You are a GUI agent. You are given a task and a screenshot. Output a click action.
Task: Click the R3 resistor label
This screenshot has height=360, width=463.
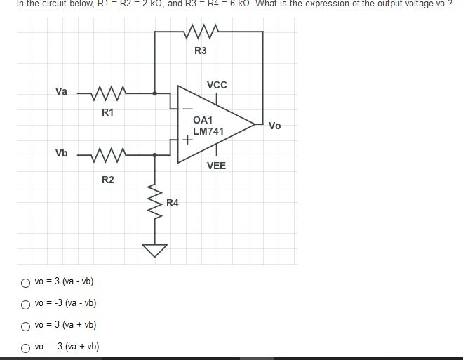click(x=201, y=51)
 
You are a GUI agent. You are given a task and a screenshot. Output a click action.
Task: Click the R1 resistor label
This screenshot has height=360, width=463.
click(x=108, y=112)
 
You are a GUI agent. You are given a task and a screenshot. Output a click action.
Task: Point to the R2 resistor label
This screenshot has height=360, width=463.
click(x=108, y=180)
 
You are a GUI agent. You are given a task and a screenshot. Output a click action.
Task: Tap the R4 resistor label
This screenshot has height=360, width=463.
click(x=173, y=203)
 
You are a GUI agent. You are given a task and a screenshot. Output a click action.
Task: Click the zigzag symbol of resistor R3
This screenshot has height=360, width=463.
click(x=201, y=31)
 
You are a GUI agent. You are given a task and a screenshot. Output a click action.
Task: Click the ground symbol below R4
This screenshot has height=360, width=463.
click(x=155, y=250)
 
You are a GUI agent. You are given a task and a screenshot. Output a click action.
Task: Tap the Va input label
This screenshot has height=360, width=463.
click(x=62, y=91)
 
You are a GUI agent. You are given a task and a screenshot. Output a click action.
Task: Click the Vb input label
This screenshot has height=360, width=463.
click(x=62, y=153)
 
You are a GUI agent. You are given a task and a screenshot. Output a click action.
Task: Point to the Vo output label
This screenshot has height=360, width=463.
click(x=274, y=126)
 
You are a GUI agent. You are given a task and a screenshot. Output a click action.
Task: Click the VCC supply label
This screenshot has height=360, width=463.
click(x=217, y=85)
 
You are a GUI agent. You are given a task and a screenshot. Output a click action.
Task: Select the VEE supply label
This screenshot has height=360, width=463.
click(x=217, y=166)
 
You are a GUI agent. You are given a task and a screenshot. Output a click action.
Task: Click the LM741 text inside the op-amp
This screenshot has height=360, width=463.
click(x=208, y=131)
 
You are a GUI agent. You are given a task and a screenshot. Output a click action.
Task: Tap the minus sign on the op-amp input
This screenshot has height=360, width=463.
click(x=187, y=109)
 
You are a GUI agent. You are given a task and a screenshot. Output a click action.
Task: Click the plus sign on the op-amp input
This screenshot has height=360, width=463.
click(x=187, y=140)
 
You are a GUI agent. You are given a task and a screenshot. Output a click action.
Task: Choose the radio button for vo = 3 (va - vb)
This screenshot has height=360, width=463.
click(x=26, y=283)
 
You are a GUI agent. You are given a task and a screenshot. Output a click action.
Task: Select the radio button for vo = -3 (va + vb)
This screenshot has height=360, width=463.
click(x=26, y=347)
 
